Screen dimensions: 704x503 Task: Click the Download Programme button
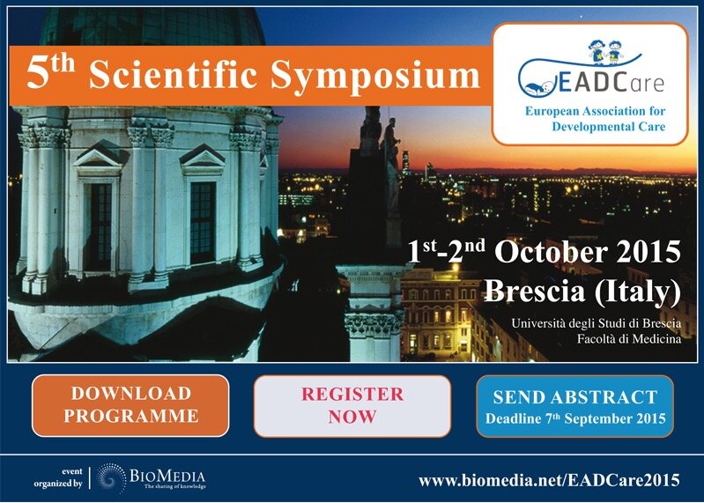click(x=130, y=405)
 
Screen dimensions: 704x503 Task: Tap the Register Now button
click(x=352, y=405)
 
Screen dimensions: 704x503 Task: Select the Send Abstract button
click(x=574, y=406)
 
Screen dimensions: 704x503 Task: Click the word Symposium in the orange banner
click(x=374, y=77)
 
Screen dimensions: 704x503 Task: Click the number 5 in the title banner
click(x=37, y=74)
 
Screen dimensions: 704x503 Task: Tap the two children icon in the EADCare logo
click(x=605, y=51)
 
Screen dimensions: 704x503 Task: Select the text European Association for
click(x=596, y=111)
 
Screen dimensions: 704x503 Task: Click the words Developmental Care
click(x=608, y=127)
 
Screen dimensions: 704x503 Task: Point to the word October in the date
click(x=552, y=252)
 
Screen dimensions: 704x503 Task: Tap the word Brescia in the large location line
click(x=535, y=291)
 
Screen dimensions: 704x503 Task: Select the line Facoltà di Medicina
click(x=629, y=338)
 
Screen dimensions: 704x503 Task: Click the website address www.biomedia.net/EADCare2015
click(x=549, y=480)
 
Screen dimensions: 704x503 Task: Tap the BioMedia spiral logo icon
click(x=111, y=478)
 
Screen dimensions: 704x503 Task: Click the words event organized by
click(x=58, y=477)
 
